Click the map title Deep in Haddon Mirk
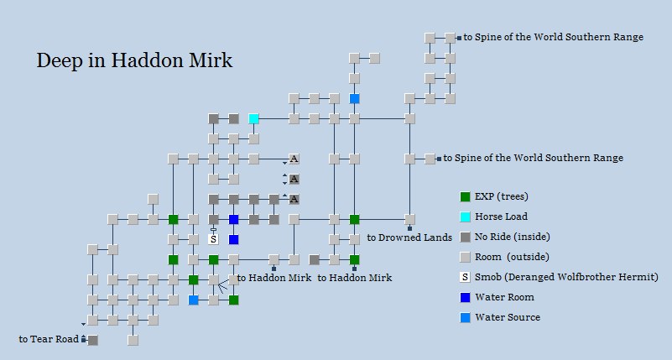[x=134, y=61]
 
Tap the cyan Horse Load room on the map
[x=253, y=118]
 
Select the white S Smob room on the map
[x=213, y=239]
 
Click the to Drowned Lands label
[x=409, y=237]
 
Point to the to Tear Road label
[x=49, y=339]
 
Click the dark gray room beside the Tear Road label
[x=92, y=340]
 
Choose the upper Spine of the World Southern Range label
[x=554, y=37]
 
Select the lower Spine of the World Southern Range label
[x=533, y=158]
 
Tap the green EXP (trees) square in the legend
[x=465, y=196]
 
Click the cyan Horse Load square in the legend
[x=465, y=217]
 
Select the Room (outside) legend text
[x=512, y=257]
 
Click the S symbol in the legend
[x=465, y=277]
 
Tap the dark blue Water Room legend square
[x=465, y=297]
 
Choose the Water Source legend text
[x=508, y=317]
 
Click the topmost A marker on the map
[x=294, y=159]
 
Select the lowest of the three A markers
[x=294, y=199]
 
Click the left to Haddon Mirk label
[x=273, y=278]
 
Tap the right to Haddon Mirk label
[x=354, y=278]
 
